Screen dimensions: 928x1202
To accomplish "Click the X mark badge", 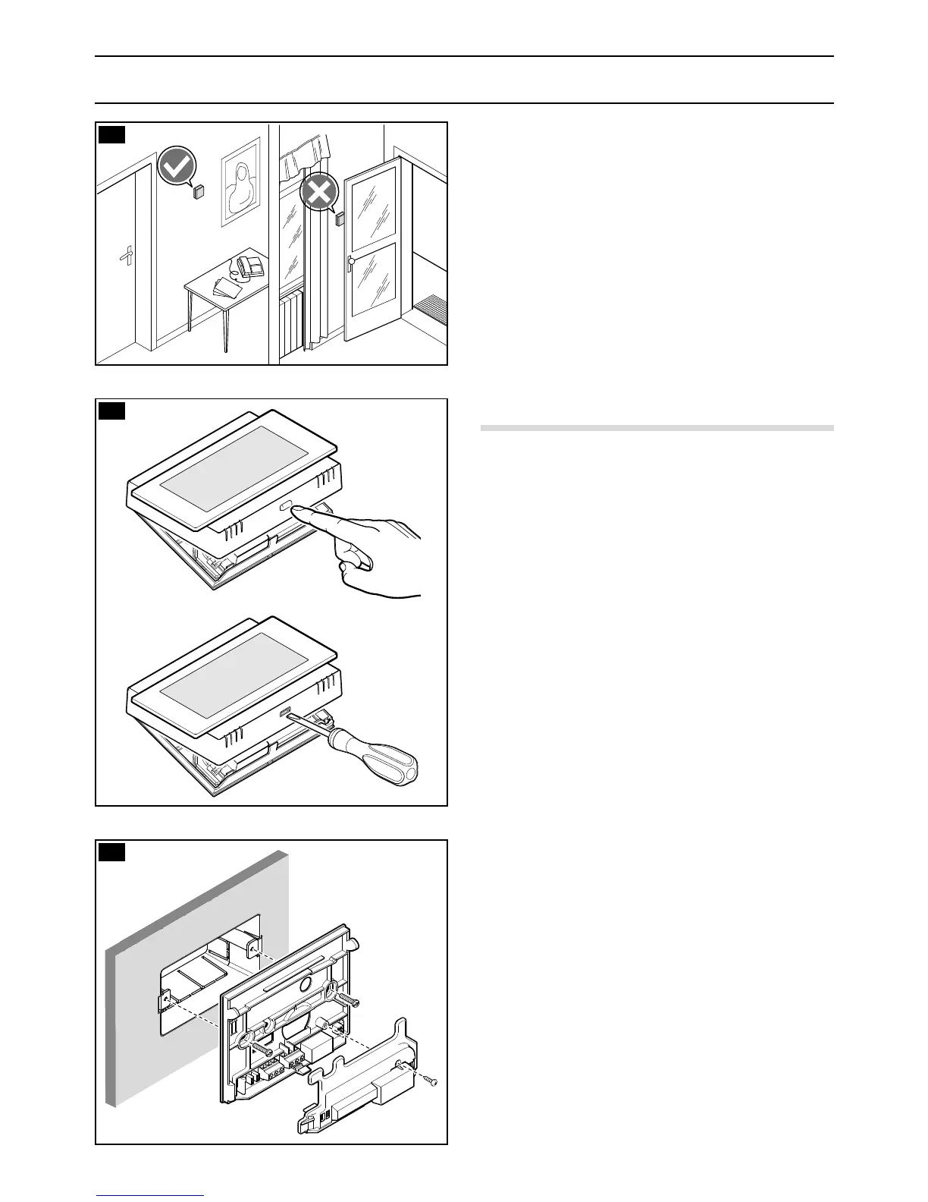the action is tap(319, 194).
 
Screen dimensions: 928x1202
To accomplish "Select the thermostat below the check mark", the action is tap(199, 191).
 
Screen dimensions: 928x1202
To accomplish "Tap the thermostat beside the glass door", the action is tap(340, 219).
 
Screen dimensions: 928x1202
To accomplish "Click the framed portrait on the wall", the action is tap(241, 182).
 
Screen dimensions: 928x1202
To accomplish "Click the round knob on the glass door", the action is tap(350, 262).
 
